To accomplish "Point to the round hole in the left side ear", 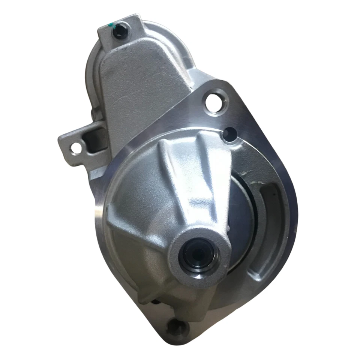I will point(76,148).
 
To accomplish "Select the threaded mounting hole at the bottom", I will point(175,327).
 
